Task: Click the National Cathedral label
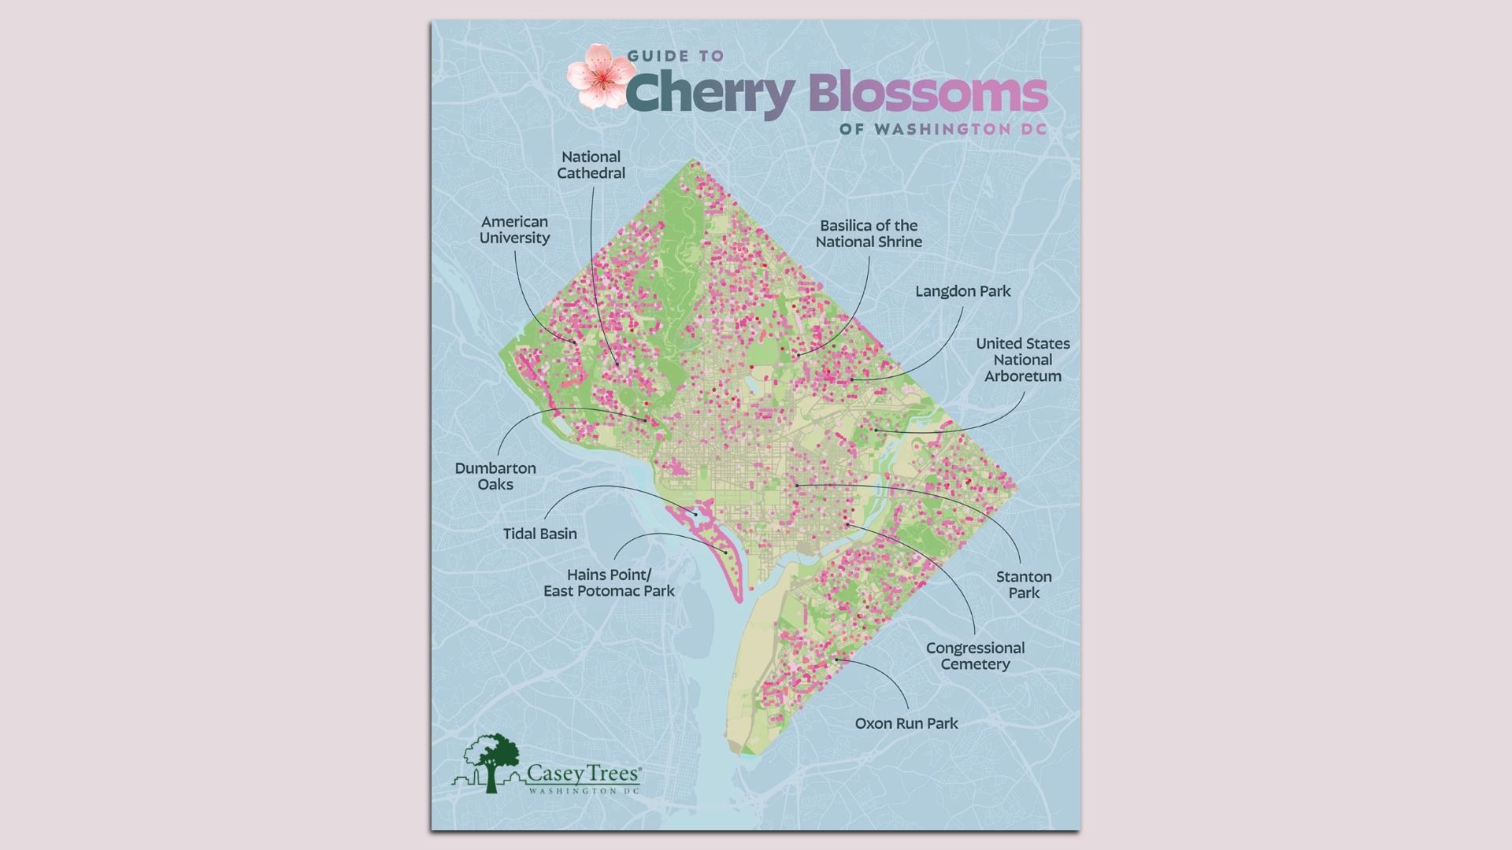coord(591,165)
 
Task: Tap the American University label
coord(514,230)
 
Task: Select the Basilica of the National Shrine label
coord(869,234)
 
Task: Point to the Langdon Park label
coord(962,291)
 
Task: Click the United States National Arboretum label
coord(1022,360)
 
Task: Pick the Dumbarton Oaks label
coord(495,476)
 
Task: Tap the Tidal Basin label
coord(539,534)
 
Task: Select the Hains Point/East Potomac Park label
coord(609,582)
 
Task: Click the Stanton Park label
coord(1024,585)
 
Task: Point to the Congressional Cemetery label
coord(975,656)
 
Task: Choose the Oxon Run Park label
coord(906,723)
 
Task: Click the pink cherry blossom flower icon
coord(600,76)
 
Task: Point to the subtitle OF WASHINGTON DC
coord(943,129)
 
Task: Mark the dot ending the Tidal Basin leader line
coord(695,515)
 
